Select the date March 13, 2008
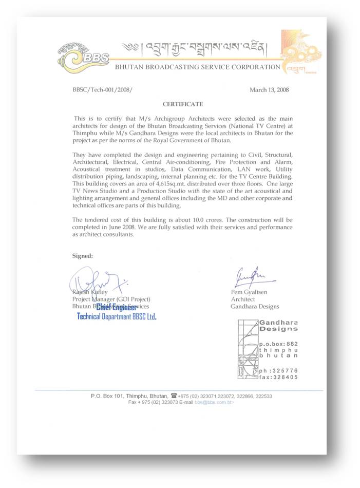pos(269,89)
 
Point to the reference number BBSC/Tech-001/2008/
pos(103,89)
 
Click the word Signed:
pos(83,255)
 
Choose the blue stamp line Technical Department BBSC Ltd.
pos(117,316)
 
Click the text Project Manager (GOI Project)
pos(111,299)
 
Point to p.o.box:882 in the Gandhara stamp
pos(278,343)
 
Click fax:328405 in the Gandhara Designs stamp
pos(278,377)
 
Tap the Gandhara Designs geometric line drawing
pos(247,349)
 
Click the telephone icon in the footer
pos(174,396)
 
